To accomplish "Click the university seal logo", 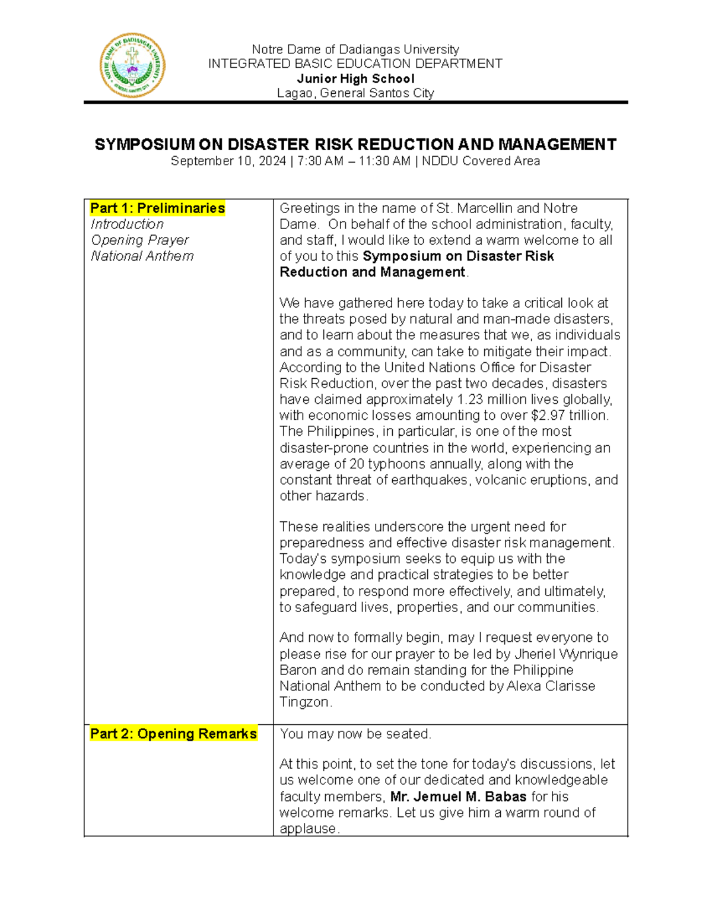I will coord(132,65).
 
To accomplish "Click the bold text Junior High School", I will coord(355,79).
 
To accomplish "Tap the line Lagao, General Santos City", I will coord(355,93).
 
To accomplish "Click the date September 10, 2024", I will coord(228,161).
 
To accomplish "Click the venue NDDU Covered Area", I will coord(481,161).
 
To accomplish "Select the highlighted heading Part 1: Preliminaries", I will coord(157,208).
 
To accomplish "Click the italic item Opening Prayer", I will coord(140,240).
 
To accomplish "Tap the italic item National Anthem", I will coord(142,256).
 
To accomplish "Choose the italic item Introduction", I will coord(127,224).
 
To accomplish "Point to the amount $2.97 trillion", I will coord(570,416).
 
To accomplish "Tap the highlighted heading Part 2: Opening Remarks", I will coord(173,734).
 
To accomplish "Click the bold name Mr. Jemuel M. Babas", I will coord(458,797).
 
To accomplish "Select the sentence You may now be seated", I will coord(355,734).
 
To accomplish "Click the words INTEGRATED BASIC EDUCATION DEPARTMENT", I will coord(355,64).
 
